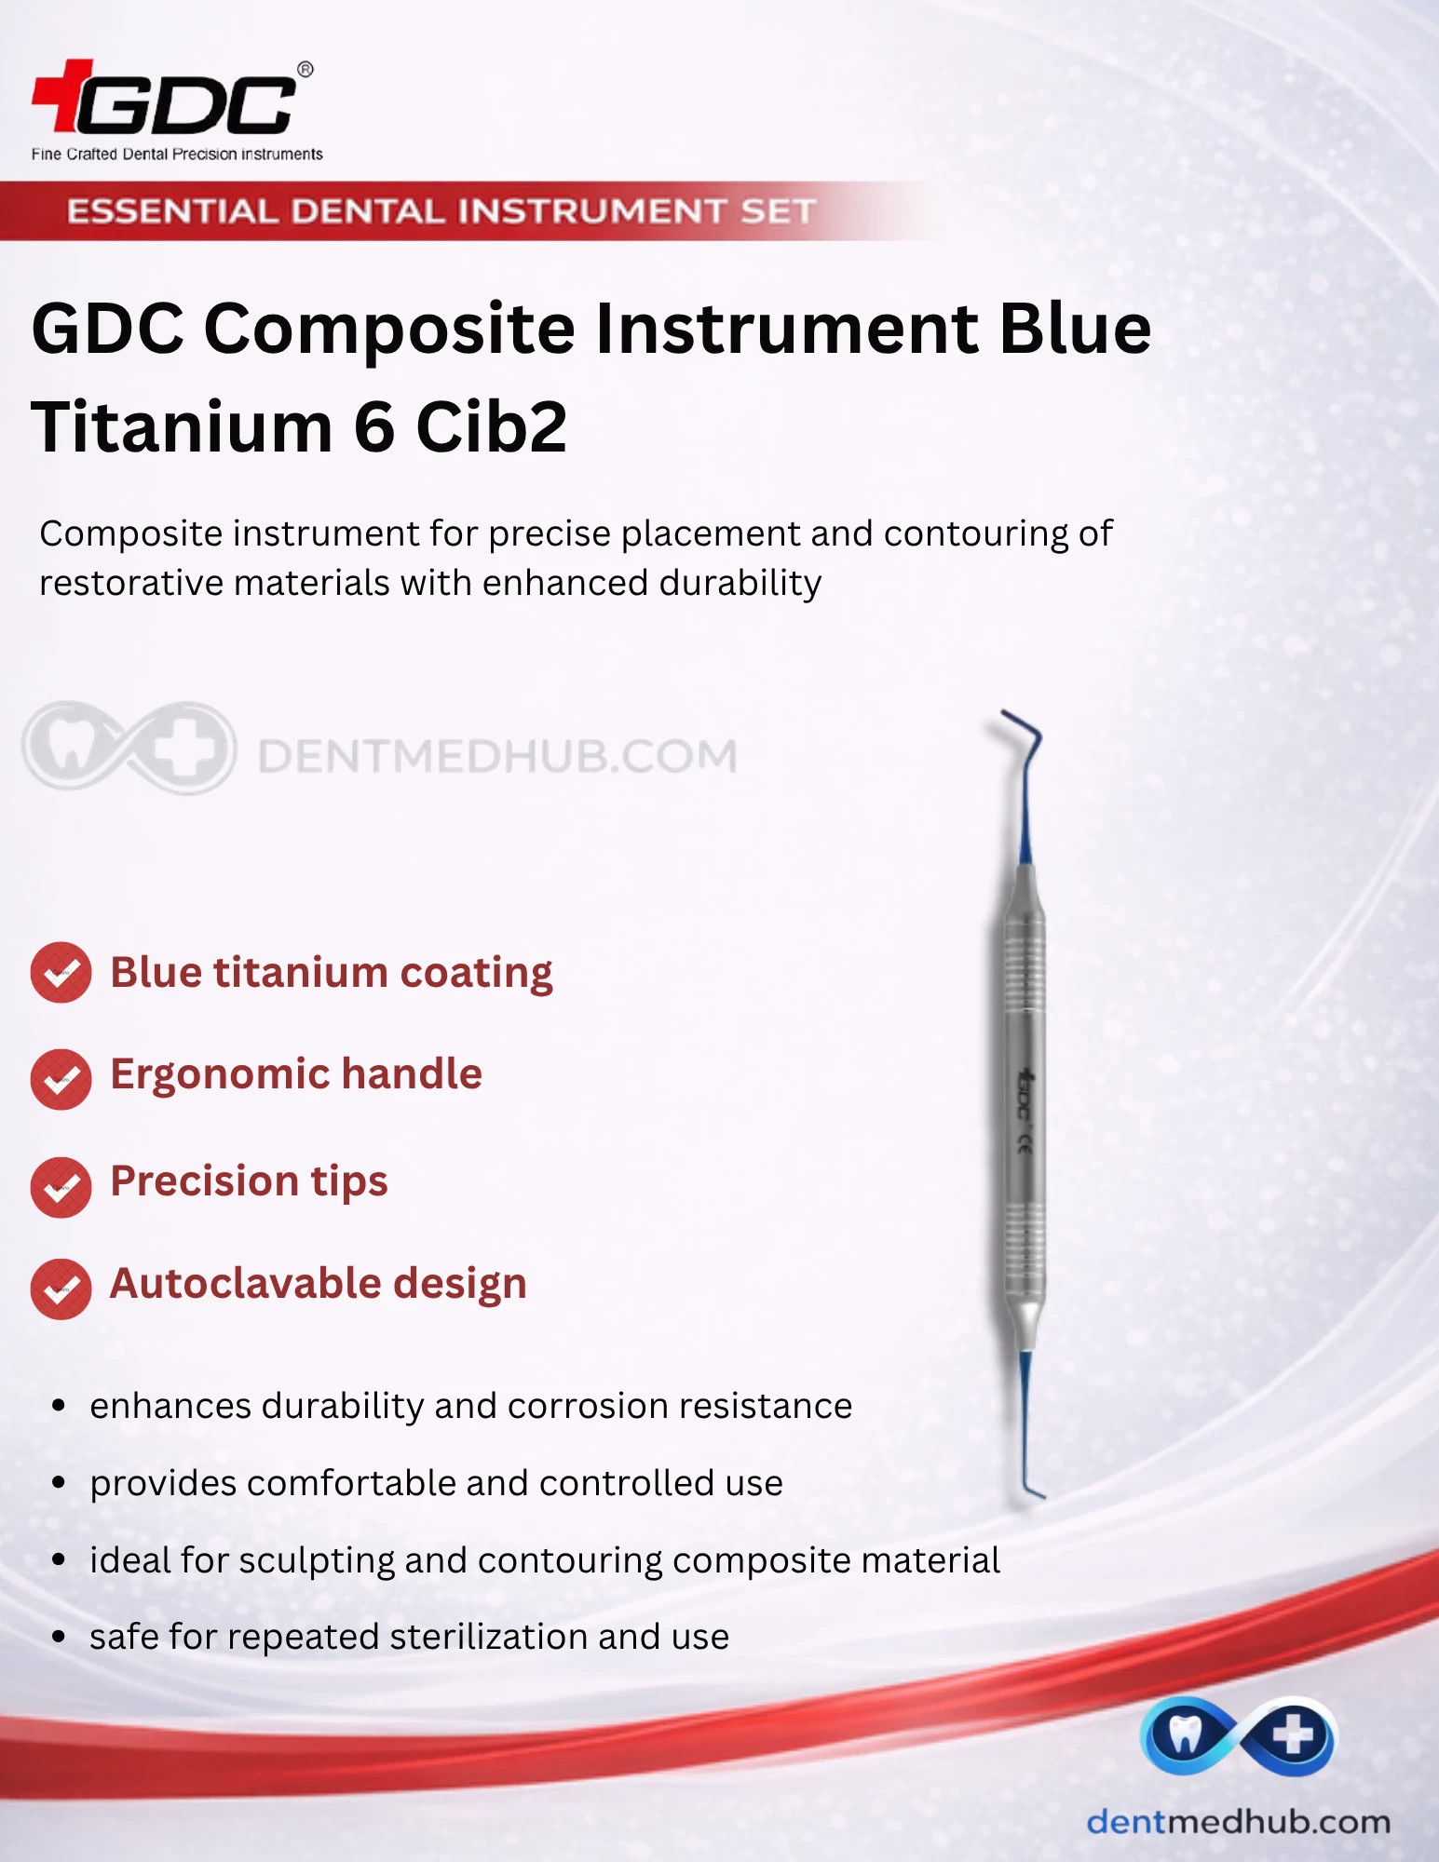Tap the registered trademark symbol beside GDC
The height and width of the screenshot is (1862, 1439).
pyautogui.click(x=305, y=70)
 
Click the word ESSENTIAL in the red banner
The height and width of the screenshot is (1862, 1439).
pyautogui.click(x=172, y=211)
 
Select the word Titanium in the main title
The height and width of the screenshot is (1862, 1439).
pyautogui.click(x=183, y=426)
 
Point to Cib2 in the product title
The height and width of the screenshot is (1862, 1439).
pyautogui.click(x=491, y=426)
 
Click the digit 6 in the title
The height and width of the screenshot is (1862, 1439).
pyautogui.click(x=374, y=427)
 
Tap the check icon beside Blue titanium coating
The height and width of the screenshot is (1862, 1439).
pyautogui.click(x=61, y=973)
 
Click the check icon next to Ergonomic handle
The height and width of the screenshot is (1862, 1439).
pyautogui.click(x=61, y=1079)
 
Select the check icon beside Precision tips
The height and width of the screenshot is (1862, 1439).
pyautogui.click(x=61, y=1187)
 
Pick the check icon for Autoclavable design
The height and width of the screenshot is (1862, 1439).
pyautogui.click(x=61, y=1289)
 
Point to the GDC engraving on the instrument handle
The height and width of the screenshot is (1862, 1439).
pyautogui.click(x=1024, y=1095)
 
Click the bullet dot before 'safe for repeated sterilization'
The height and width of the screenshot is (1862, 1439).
pyautogui.click(x=59, y=1637)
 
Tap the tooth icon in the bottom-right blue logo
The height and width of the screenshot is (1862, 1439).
pyautogui.click(x=1184, y=1734)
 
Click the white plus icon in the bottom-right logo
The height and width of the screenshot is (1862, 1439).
pyautogui.click(x=1294, y=1734)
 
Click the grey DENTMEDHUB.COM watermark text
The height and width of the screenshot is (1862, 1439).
pyautogui.click(x=497, y=756)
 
